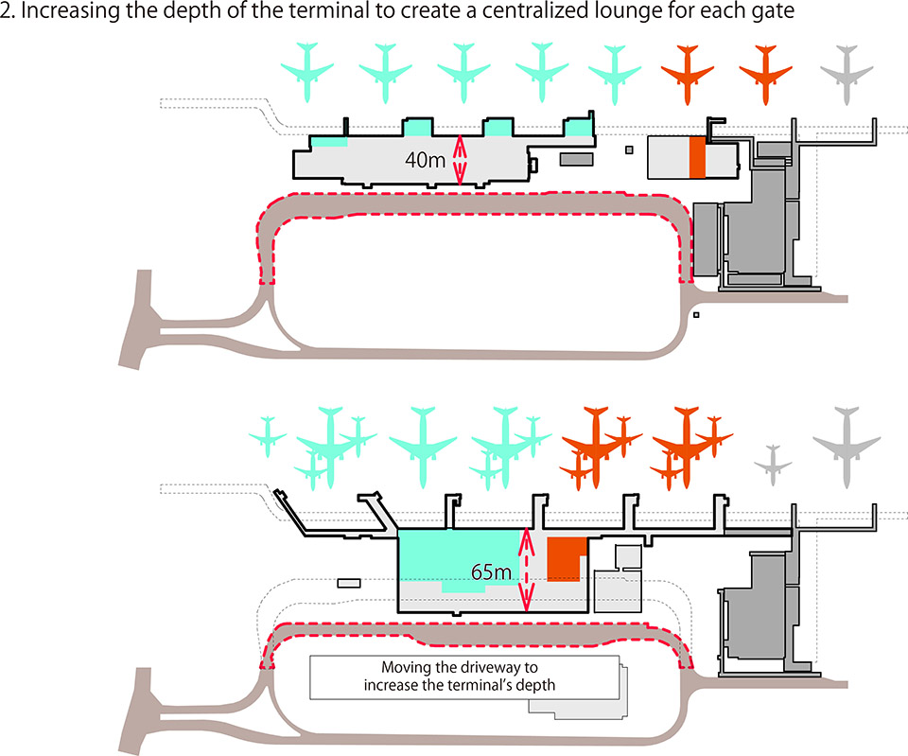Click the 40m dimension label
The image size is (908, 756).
pyautogui.click(x=424, y=160)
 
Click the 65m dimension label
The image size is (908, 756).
pyautogui.click(x=490, y=572)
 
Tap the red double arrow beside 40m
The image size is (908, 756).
pyautogui.click(x=460, y=159)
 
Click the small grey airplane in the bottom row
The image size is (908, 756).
pyautogui.click(x=774, y=461)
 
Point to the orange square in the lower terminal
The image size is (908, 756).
pyautogui.click(x=565, y=558)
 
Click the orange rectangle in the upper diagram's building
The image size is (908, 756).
pyautogui.click(x=697, y=157)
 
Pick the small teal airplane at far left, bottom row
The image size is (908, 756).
pyautogui.click(x=268, y=436)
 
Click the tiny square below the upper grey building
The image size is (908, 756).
pyautogui.click(x=696, y=314)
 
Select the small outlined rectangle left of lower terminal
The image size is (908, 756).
pyautogui.click(x=349, y=584)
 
